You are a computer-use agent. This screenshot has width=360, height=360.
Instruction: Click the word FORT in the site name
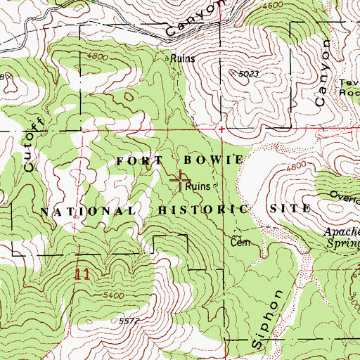138,160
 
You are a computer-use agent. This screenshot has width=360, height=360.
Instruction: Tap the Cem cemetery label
237,242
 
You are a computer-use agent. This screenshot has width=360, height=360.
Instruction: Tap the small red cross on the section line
221,129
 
